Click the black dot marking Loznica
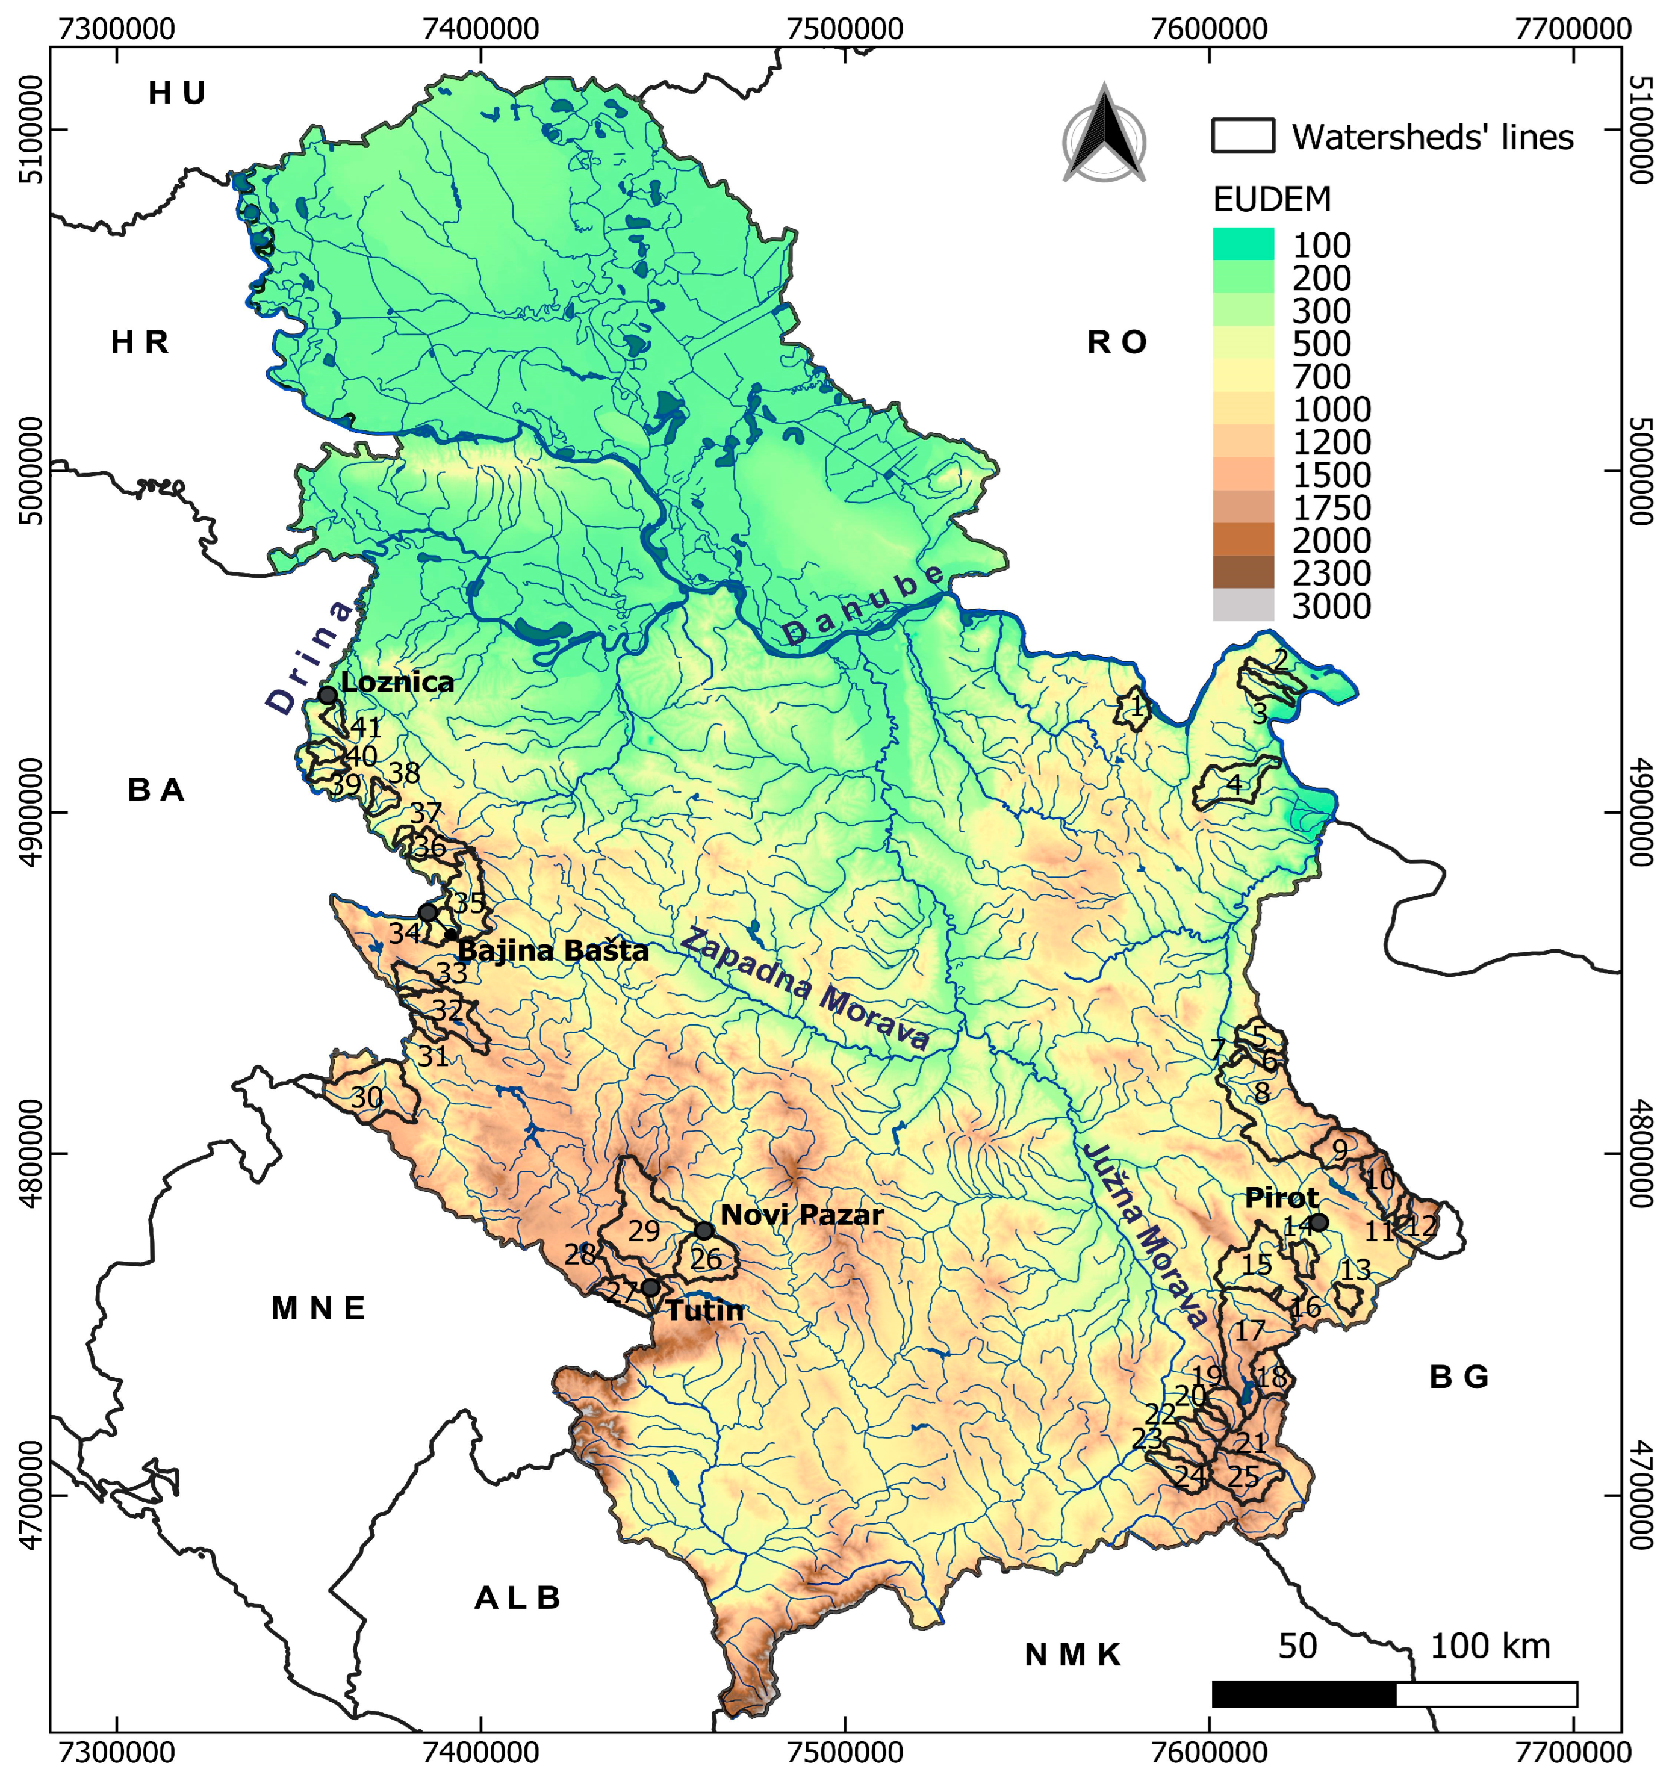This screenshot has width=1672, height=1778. click(328, 696)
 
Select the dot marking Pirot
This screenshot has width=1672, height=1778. click(1319, 1222)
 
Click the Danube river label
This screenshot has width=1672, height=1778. click(863, 606)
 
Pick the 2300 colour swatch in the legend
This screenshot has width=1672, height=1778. click(1243, 572)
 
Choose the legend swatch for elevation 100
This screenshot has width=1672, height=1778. click(1243, 244)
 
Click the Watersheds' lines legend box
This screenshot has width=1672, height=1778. click(1243, 136)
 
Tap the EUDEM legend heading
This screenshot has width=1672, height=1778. click(1271, 199)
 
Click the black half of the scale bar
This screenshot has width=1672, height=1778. click(1304, 1694)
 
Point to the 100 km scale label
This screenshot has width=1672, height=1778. click(1490, 1646)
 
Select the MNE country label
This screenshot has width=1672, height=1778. click(319, 1309)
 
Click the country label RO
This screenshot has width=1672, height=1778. click(1116, 342)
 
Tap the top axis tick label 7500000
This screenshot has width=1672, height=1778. click(845, 29)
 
